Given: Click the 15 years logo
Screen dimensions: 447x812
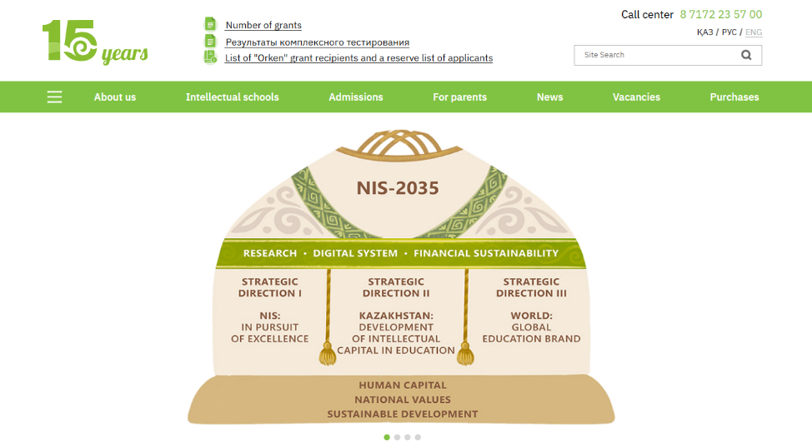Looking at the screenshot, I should coord(94,42).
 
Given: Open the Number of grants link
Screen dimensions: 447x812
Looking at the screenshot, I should coord(263,25).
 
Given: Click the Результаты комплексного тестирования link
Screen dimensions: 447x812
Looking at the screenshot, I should coord(317,42).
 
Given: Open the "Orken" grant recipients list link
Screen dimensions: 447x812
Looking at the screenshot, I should coord(358,58).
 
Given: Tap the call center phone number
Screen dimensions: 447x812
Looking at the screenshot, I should coord(720,14).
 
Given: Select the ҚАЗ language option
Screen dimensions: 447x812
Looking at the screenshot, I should coord(704,32).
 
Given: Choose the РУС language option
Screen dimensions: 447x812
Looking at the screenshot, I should coord(729,32).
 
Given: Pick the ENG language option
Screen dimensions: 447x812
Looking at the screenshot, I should coord(754,32).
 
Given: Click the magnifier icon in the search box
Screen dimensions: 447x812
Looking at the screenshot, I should coord(746,55).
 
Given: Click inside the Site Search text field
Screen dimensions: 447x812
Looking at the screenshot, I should coord(650,55).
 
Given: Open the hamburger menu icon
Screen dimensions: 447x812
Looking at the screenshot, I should coord(55,97).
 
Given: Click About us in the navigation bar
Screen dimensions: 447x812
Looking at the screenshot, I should coord(115,97).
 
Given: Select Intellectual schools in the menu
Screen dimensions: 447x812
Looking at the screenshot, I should coord(233,97).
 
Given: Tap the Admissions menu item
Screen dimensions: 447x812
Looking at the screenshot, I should coord(356,97).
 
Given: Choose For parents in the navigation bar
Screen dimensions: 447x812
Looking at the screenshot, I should coord(459,97).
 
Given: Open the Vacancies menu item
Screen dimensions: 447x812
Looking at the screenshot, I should coord(636,97).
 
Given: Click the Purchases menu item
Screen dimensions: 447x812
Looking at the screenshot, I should coord(734,97).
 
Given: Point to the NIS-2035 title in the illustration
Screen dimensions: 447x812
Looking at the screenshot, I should coord(397,188).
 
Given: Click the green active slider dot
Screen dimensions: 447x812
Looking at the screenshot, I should coord(387,437).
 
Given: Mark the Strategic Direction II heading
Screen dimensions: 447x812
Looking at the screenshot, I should coord(396,287).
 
